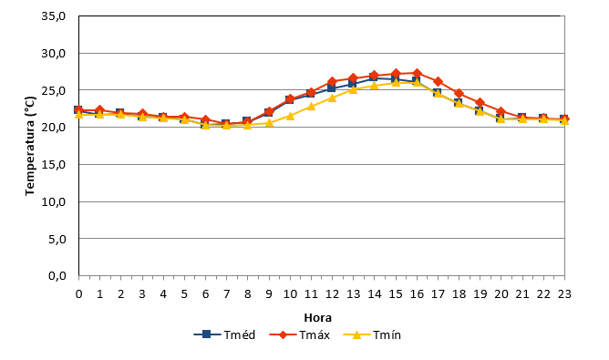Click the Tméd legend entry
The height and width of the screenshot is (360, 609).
[224, 334]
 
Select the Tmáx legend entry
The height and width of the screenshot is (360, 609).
[299, 334]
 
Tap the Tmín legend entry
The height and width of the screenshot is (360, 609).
[372, 334]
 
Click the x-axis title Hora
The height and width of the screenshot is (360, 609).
[317, 318]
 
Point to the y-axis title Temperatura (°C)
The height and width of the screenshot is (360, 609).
[30, 146]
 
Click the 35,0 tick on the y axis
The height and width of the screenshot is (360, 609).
[54, 16]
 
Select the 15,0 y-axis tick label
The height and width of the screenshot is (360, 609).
[54, 165]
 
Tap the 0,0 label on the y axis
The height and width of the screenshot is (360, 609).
[57, 276]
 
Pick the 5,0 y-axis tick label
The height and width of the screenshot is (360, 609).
[57, 239]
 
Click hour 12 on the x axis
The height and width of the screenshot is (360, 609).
[332, 294]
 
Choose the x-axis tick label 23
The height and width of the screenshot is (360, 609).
[564, 294]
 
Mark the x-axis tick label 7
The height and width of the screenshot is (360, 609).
[226, 294]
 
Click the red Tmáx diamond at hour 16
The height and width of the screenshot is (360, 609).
[417, 73]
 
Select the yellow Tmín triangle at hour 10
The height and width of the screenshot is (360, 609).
[290, 116]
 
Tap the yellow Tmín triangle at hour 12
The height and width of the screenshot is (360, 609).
[332, 98]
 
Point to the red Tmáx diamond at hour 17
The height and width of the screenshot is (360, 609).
[438, 81]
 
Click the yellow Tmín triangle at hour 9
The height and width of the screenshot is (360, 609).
[269, 123]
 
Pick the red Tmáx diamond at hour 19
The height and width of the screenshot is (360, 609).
[480, 102]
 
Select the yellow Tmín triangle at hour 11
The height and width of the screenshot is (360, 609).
[311, 106]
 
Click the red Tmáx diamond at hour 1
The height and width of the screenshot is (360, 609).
[99, 110]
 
